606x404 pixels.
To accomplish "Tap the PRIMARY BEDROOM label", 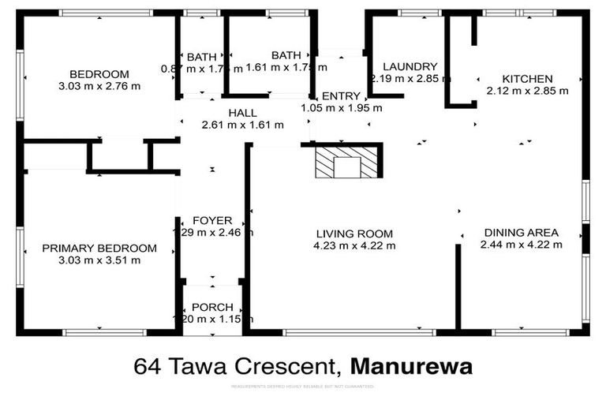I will click(x=99, y=249).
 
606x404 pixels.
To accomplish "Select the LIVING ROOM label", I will click(x=354, y=234).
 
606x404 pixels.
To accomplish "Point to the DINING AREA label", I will click(x=521, y=233).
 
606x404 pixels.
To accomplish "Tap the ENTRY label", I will click(x=341, y=95).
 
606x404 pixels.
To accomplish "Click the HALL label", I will click(x=242, y=113).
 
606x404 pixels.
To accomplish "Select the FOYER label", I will click(x=212, y=220).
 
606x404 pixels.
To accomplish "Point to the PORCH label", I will click(x=212, y=307).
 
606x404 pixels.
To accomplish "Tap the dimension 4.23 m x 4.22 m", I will click(x=354, y=245).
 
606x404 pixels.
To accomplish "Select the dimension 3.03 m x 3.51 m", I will click(x=99, y=260).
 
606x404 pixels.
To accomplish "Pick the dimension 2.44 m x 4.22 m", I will click(x=521, y=245).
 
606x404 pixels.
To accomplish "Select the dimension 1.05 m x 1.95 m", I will click(x=341, y=107).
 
